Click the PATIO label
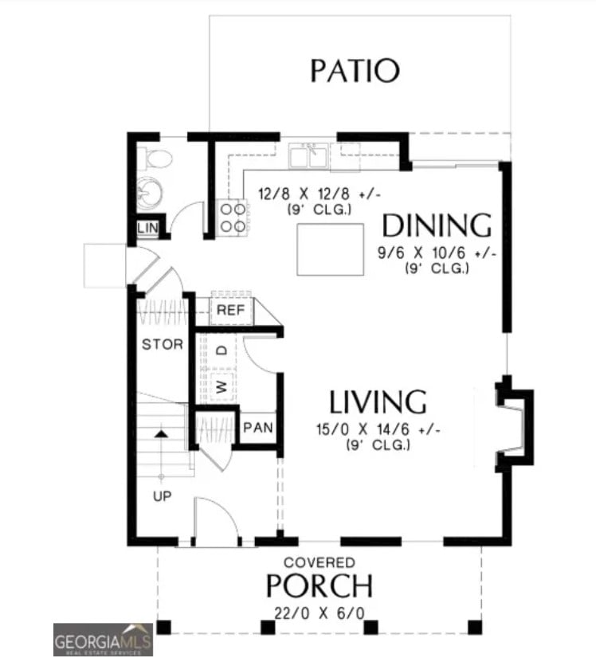point(354,71)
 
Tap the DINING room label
point(436,226)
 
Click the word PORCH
point(319,586)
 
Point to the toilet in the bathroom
point(156,159)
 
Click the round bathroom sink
point(148,193)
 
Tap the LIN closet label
point(148,229)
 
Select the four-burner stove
point(232,217)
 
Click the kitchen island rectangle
point(331,249)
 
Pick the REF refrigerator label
point(230,310)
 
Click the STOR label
point(163,345)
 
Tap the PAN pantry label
point(257,428)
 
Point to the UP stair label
point(162,496)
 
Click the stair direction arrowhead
point(162,434)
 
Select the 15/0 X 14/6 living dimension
point(378,430)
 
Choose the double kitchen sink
point(310,155)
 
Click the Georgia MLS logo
point(103,639)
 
